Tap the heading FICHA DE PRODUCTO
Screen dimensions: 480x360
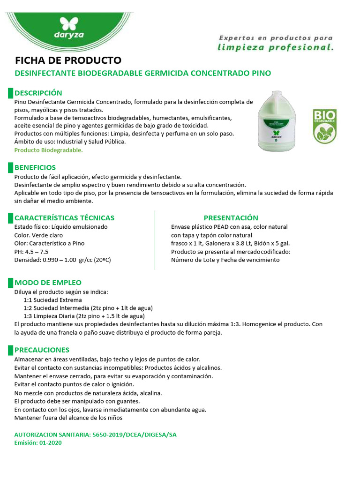click(68, 60)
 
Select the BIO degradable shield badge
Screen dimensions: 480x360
click(324, 126)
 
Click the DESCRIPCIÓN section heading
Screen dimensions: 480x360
click(38, 93)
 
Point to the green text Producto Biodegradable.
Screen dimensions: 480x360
click(48, 150)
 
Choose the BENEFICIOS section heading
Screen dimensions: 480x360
click(35, 167)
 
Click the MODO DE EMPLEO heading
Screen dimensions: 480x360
click(48, 282)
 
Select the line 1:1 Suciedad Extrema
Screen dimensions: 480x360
click(52, 300)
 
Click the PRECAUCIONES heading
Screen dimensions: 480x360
click(42, 350)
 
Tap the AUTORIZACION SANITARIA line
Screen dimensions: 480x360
click(95, 435)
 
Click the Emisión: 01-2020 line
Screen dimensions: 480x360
click(38, 442)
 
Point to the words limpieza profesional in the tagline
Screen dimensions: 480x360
click(276, 47)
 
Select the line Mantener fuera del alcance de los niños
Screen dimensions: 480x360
click(68, 417)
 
